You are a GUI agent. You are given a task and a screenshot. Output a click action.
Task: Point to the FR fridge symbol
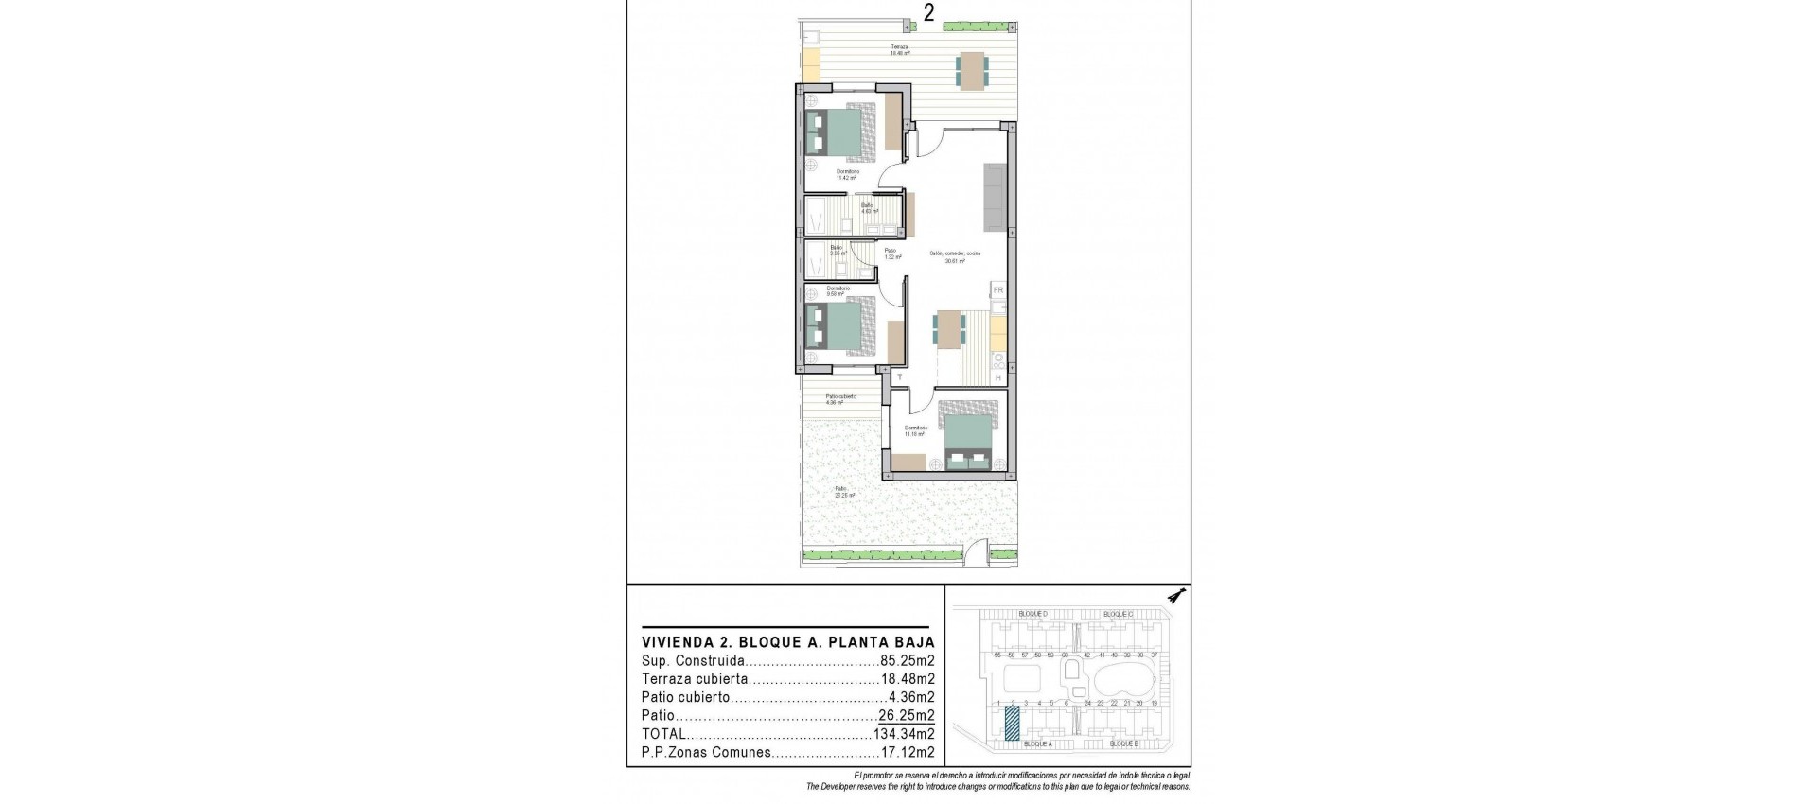click(x=997, y=290)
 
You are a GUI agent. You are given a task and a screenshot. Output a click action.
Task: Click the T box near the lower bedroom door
click(x=899, y=377)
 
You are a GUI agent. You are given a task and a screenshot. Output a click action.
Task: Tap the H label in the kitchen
click(x=997, y=378)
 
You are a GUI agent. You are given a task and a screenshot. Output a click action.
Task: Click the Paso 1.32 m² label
click(x=890, y=253)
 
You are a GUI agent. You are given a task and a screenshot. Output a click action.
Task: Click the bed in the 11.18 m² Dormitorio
click(x=968, y=438)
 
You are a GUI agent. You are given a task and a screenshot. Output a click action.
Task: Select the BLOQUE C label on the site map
click(x=1119, y=615)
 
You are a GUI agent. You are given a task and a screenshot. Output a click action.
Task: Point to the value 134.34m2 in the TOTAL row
click(x=904, y=734)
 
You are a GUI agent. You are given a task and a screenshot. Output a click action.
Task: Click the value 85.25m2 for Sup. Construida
click(x=908, y=661)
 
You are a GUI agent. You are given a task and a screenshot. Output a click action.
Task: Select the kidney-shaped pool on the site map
click(x=1123, y=677)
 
